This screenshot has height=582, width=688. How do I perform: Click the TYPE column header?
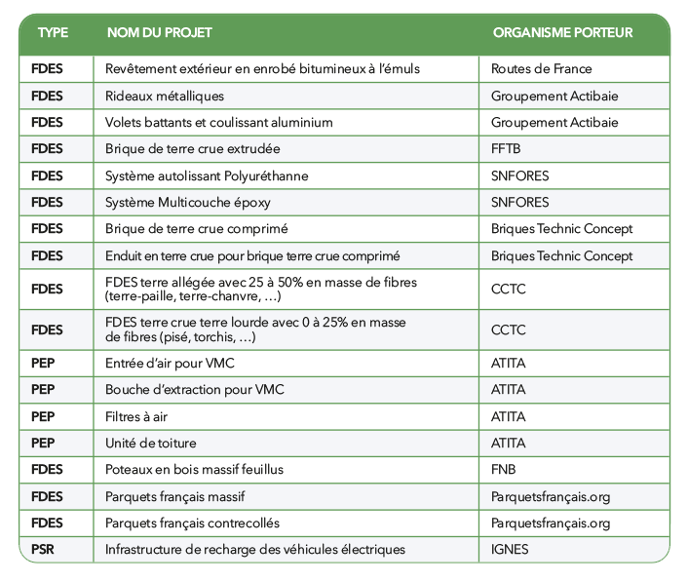(x=53, y=32)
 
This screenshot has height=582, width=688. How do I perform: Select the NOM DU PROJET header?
(x=159, y=32)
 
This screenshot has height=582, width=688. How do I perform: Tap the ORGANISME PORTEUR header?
(x=562, y=32)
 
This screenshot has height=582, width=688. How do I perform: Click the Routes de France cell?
(x=541, y=69)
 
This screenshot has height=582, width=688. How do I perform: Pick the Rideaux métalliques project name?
(x=165, y=96)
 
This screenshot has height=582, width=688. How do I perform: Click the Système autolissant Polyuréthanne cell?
(x=207, y=175)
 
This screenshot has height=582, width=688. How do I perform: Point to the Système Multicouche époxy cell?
(x=188, y=203)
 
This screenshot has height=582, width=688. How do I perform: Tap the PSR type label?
(x=45, y=550)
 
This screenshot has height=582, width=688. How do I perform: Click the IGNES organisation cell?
(x=510, y=550)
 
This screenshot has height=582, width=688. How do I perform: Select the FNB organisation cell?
(x=504, y=470)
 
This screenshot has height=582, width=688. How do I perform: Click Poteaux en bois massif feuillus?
(x=194, y=470)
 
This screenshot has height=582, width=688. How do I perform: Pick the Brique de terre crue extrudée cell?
(x=192, y=149)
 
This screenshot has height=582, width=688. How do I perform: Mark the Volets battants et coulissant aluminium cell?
(x=218, y=123)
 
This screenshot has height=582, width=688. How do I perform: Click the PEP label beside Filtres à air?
(x=45, y=416)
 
